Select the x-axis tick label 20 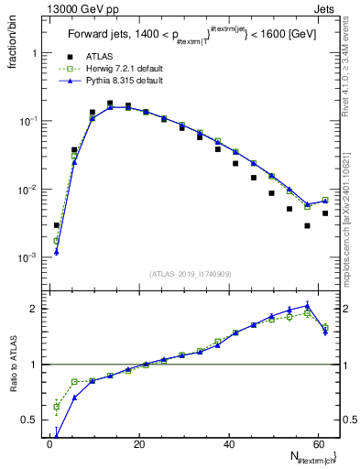[x=138, y=444]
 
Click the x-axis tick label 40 [x=228, y=444]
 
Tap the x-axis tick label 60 [x=317, y=444]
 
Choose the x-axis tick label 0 [x=49, y=444]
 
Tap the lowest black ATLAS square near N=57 [x=308, y=225]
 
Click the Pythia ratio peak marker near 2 [x=308, y=306]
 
